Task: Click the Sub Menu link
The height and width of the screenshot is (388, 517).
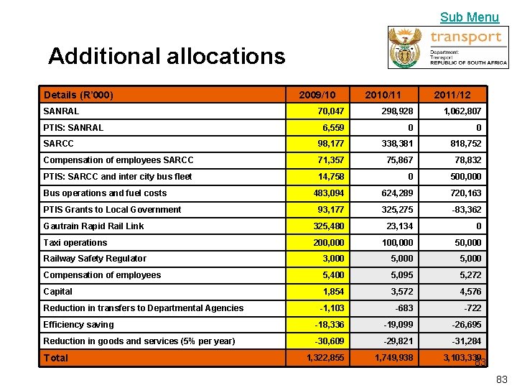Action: pyautogui.click(x=469, y=17)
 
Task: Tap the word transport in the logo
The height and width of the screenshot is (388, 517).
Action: pyautogui.click(x=465, y=37)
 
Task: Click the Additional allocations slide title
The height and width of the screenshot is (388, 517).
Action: pyautogui.click(x=167, y=56)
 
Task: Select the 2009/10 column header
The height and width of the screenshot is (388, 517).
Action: pyautogui.click(x=317, y=95)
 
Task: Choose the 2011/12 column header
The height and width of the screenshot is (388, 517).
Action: pyautogui.click(x=452, y=95)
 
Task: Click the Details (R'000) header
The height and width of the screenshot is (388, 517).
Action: pyautogui.click(x=78, y=95)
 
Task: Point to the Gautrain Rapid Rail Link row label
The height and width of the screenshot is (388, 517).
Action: pyautogui.click(x=93, y=226)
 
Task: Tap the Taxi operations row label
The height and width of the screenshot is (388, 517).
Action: pyautogui.click(x=75, y=242)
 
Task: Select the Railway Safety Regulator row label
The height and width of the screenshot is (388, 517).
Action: pyautogui.click(x=95, y=259)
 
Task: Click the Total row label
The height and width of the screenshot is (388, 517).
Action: pyautogui.click(x=56, y=358)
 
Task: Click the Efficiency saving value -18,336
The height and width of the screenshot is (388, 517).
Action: pyautogui.click(x=329, y=325)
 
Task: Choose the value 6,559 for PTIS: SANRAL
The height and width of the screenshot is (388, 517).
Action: pyautogui.click(x=332, y=128)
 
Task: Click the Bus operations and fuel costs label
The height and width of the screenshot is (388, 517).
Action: pyautogui.click(x=105, y=193)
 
